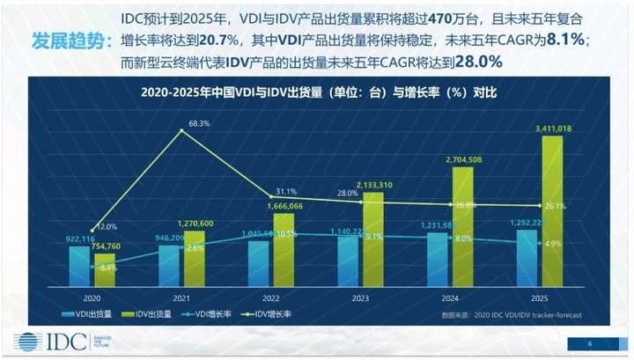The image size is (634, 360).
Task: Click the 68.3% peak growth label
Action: tap(199, 124)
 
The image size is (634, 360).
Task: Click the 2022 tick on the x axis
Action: tap(271, 298)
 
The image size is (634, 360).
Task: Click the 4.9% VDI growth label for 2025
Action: tap(554, 244)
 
